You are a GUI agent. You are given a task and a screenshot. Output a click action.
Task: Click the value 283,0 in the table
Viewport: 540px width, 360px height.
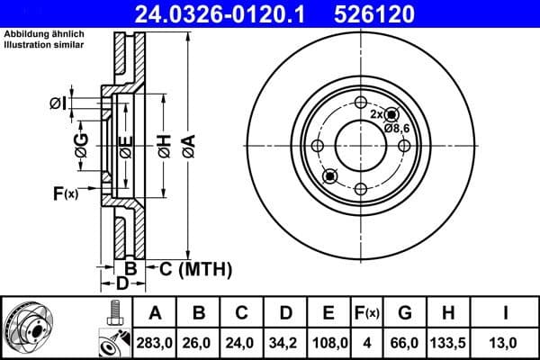coord(155,341)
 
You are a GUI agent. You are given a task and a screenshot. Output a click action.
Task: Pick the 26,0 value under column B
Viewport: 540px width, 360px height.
coord(199,341)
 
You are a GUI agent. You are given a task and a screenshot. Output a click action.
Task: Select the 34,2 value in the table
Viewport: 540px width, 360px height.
coord(285,341)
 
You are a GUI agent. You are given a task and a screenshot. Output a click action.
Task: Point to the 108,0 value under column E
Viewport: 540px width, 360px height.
coord(328,341)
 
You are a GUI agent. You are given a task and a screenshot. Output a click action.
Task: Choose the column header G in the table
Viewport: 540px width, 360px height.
coord(405,313)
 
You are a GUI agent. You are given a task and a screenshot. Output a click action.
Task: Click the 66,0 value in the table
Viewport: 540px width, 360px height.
coord(405,341)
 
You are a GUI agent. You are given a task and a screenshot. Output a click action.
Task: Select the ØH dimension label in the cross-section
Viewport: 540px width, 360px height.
coord(163,145)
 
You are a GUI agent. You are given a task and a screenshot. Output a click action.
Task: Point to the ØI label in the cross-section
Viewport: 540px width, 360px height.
coord(57,104)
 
